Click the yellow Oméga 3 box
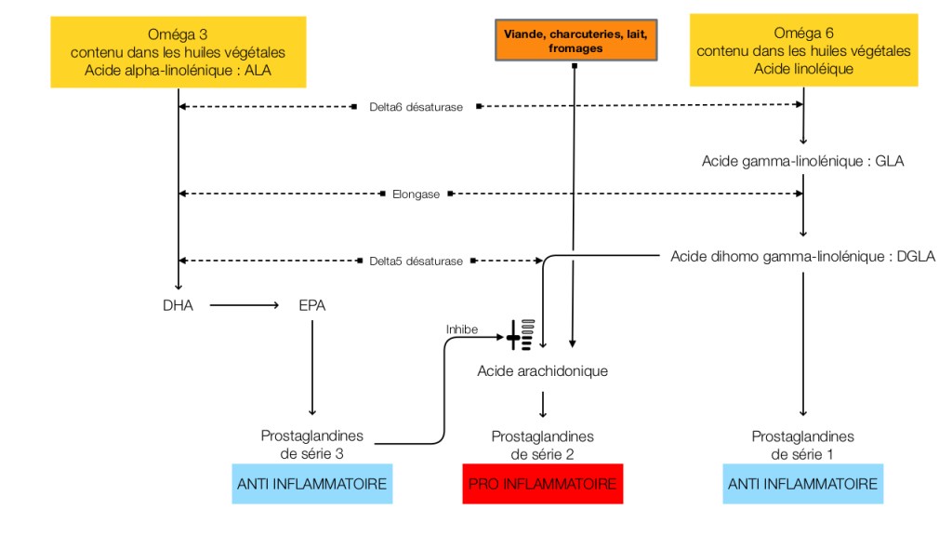click(177, 52)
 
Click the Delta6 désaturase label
click(416, 107)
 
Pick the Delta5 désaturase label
click(416, 261)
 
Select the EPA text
click(312, 304)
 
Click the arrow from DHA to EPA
click(245, 304)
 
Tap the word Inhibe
click(462, 328)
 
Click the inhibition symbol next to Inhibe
click(520, 333)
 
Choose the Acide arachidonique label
click(542, 371)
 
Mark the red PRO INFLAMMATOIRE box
click(542, 484)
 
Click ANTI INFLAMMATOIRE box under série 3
click(311, 484)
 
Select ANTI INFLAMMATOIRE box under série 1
click(801, 484)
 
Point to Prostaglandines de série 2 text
click(542, 444)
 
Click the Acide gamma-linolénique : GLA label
click(802, 161)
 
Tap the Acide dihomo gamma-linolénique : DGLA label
click(802, 256)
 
